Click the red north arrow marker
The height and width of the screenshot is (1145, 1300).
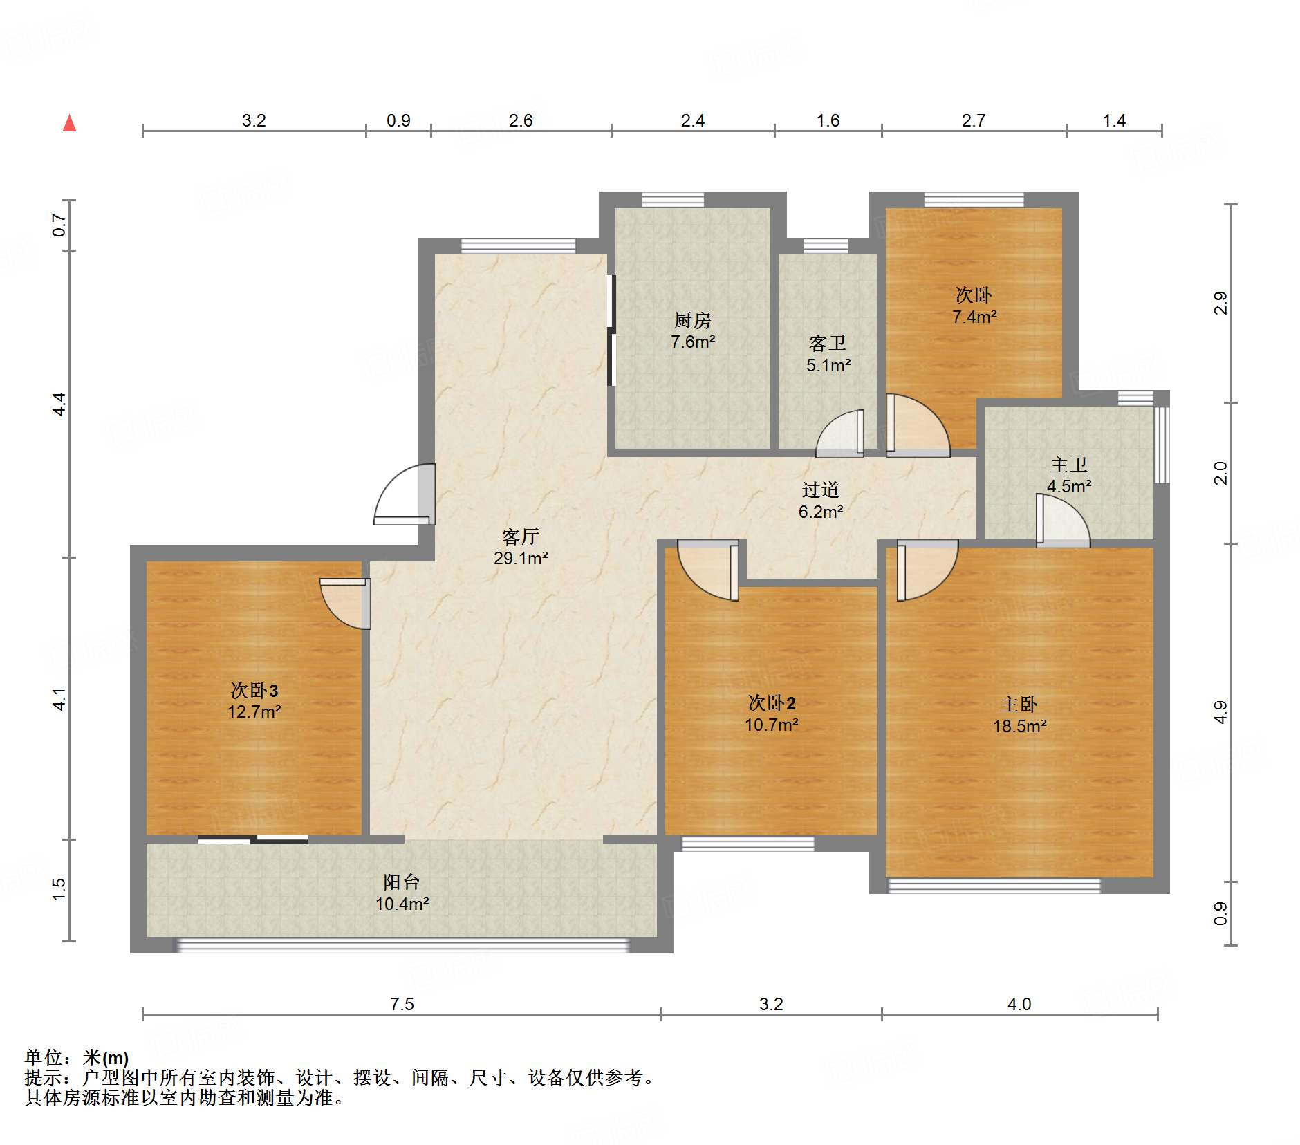69,123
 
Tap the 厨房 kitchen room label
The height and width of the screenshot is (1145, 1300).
692,320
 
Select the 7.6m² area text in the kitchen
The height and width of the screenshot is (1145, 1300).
692,342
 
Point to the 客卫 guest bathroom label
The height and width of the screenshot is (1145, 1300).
828,343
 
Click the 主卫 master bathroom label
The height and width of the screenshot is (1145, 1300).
1068,465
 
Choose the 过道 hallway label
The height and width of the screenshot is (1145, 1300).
821,490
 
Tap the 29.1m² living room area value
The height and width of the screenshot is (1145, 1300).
521,558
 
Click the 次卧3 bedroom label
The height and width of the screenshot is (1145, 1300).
254,690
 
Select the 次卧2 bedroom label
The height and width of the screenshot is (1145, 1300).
772,703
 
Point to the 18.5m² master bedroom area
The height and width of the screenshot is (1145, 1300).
1019,726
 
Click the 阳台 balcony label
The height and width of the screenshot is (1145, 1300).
402,882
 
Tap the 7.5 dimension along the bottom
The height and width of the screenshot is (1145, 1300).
402,1004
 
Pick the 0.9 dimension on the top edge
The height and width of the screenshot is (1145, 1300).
398,120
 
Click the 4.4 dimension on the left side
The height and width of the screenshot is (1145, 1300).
59,404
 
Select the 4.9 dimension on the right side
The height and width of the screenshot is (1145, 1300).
1220,712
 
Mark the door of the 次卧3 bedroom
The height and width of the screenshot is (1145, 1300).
345,604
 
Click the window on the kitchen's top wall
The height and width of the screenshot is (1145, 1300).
673,200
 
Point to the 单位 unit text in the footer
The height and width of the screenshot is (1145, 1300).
43,1057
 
